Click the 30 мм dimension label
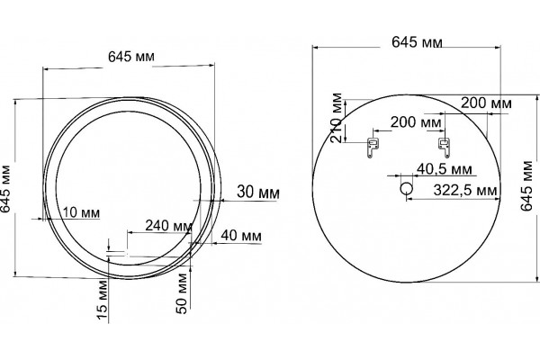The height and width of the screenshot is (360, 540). pyautogui.click(x=258, y=192)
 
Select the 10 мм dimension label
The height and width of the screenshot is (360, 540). pyautogui.click(x=81, y=212)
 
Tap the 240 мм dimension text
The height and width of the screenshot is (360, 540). pyautogui.click(x=168, y=226)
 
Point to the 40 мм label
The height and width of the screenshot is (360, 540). pyautogui.click(x=240, y=235)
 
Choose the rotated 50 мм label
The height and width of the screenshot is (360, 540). pyautogui.click(x=182, y=293)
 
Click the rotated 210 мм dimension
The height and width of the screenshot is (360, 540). pyautogui.click(x=336, y=118)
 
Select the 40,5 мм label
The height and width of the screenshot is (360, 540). pyautogui.click(x=445, y=169)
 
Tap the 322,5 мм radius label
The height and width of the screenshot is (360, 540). pyautogui.click(x=465, y=190)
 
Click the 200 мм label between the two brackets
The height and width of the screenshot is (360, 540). pyautogui.click(x=415, y=122)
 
